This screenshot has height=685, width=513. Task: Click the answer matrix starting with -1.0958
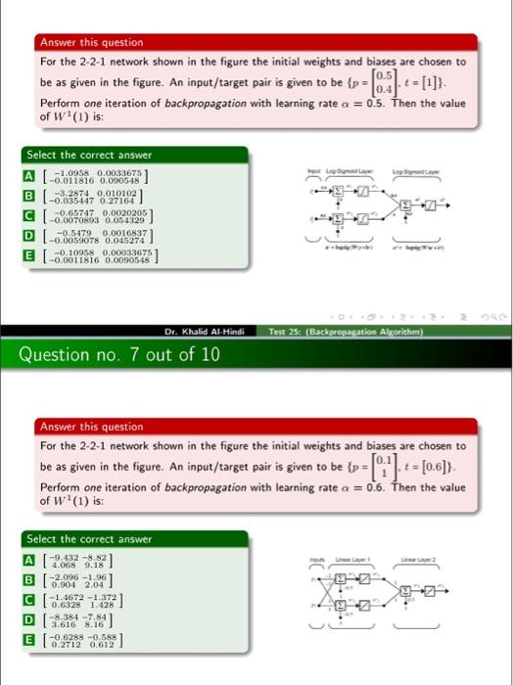90,175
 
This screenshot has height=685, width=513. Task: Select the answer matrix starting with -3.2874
90,199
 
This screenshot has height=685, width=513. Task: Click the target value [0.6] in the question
448,466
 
